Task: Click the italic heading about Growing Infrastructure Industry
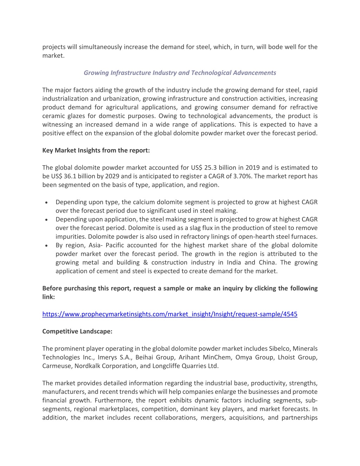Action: coord(180,73)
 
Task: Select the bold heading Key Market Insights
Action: coord(96,151)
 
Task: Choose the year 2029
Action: coord(111,176)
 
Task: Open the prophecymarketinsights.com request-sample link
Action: coord(170,314)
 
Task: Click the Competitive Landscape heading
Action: coord(77,331)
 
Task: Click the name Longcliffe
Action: coord(168,366)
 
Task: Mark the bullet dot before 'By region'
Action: coord(46,245)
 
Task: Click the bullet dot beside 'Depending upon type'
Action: coord(46,203)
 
